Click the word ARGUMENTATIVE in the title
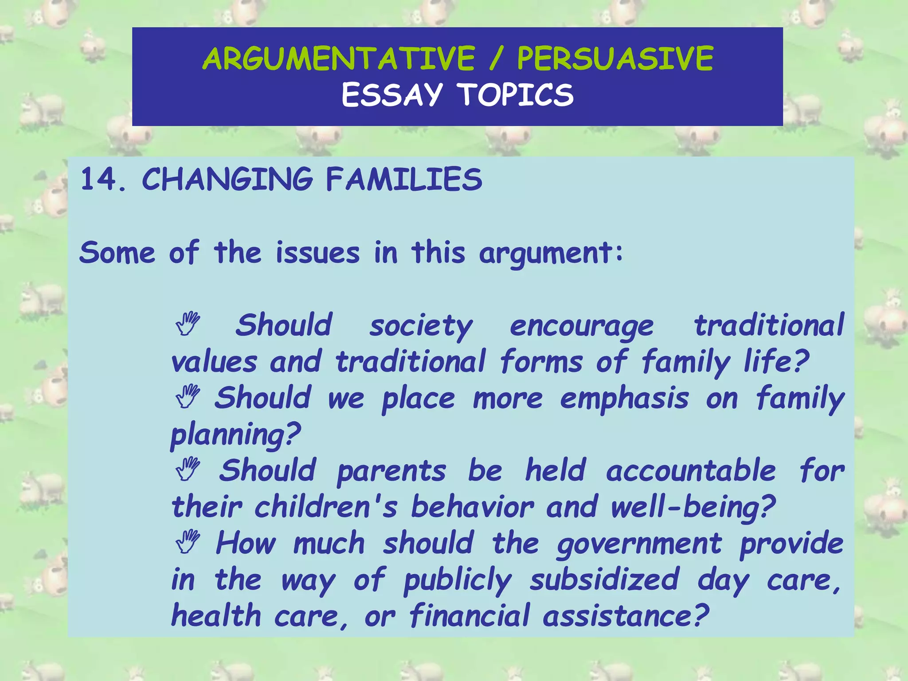pos(339,59)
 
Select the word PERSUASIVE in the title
pos(615,59)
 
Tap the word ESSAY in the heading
pos(392,95)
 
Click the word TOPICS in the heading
pos(516,95)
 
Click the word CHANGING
pos(227,180)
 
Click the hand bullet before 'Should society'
pos(188,324)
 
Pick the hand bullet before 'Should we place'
pos(188,396)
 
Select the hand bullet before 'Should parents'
pos(188,469)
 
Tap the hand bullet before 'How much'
pos(188,542)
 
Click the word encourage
pos(581,326)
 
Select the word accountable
pos(691,471)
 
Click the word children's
pos(326,507)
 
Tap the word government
pos(639,544)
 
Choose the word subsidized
pos(604,580)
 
